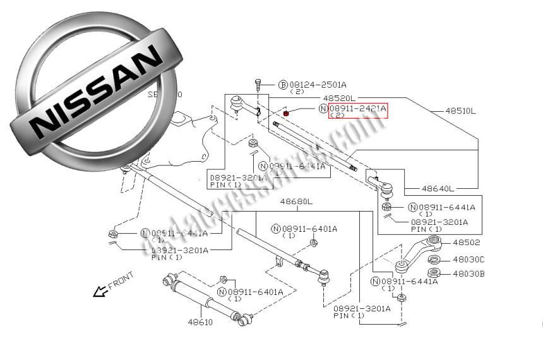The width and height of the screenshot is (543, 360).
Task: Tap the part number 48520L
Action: pyautogui.click(x=339, y=99)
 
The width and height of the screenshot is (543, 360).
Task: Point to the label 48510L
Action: pyautogui.click(x=460, y=111)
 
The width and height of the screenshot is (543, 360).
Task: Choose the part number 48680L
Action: pyautogui.click(x=296, y=201)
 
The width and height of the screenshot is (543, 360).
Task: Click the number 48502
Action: pyautogui.click(x=466, y=243)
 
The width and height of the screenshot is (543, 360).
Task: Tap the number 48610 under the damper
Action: pyautogui.click(x=200, y=322)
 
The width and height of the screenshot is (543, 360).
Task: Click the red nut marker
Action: pyautogui.click(x=286, y=113)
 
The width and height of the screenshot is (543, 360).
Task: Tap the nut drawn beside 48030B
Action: pyautogui.click(x=434, y=273)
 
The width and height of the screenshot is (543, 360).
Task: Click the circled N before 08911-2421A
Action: pyautogui.click(x=323, y=109)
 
